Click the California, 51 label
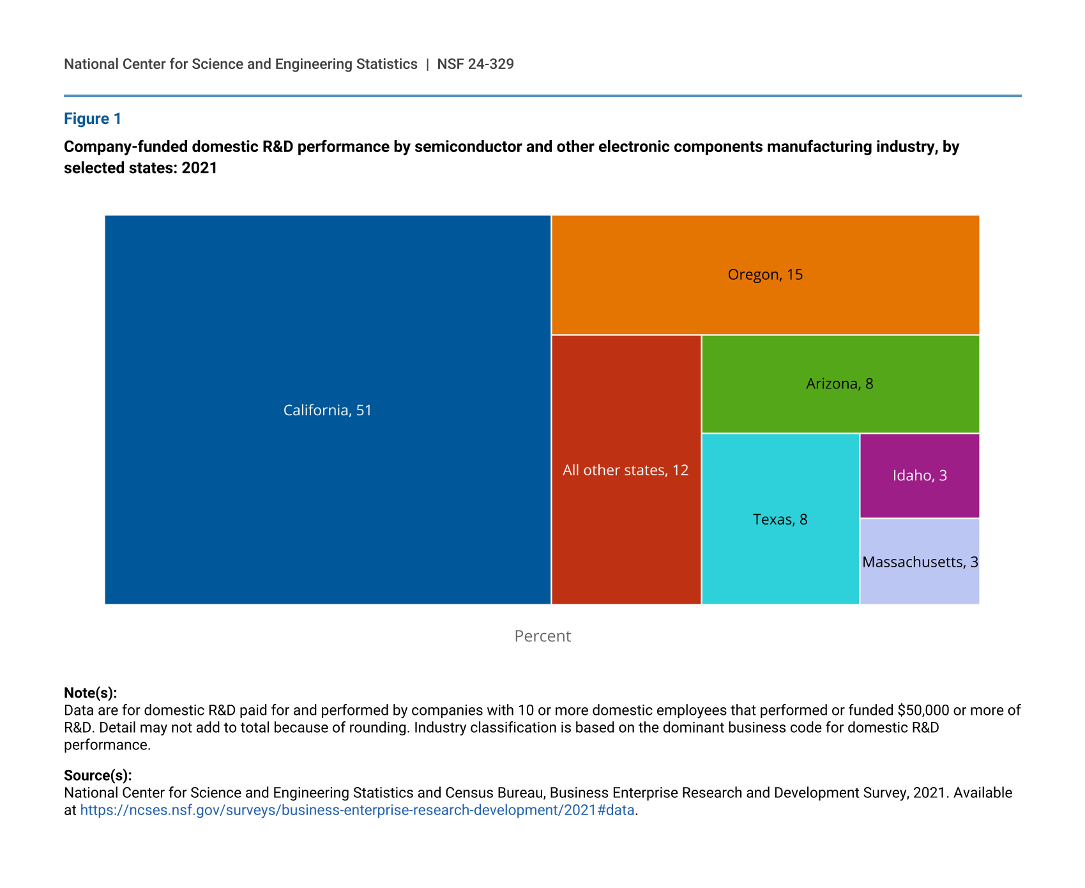(x=327, y=410)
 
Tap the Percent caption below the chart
(x=542, y=636)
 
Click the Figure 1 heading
(x=93, y=119)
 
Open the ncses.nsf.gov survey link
(x=357, y=810)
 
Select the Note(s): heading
(x=90, y=693)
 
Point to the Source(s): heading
(x=98, y=776)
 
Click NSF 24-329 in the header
(x=475, y=64)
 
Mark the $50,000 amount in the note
(x=923, y=710)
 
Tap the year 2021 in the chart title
(x=199, y=168)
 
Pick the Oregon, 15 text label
(x=765, y=275)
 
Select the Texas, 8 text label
(x=780, y=519)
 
